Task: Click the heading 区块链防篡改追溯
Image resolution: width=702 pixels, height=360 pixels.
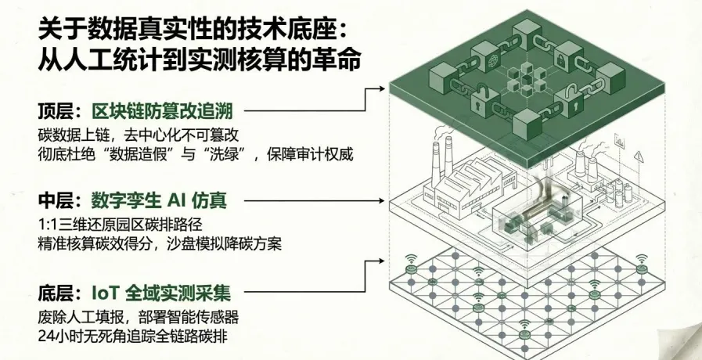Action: (162, 110)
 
